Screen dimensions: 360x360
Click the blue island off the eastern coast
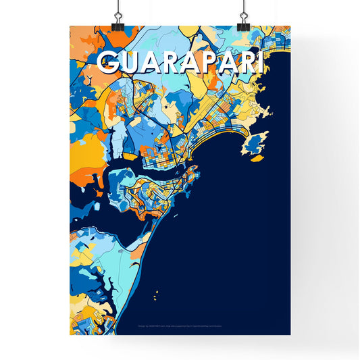tap(255, 143)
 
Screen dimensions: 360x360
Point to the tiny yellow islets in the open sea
tap(156, 295)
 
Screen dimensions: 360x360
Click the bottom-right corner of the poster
tap(290, 334)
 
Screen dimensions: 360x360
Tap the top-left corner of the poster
tap(70, 27)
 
